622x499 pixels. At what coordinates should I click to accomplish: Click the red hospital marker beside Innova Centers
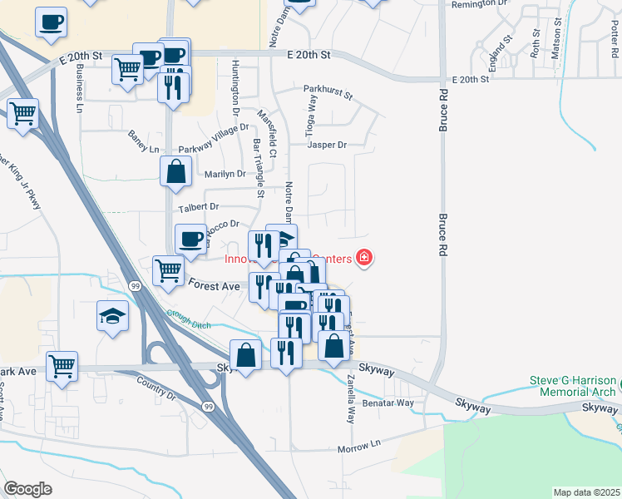[363, 259]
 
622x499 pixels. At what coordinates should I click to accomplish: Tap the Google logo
[27, 489]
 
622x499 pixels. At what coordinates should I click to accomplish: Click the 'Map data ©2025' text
[586, 492]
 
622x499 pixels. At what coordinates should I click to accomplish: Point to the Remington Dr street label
[478, 4]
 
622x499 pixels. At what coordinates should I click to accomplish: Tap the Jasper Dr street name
[327, 145]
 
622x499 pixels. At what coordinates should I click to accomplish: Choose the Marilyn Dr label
[225, 175]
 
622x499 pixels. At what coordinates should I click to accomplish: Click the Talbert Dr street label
[198, 206]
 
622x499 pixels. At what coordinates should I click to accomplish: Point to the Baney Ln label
[143, 141]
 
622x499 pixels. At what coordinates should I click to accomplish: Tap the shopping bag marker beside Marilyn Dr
[176, 172]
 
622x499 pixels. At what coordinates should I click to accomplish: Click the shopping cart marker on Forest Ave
[168, 270]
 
